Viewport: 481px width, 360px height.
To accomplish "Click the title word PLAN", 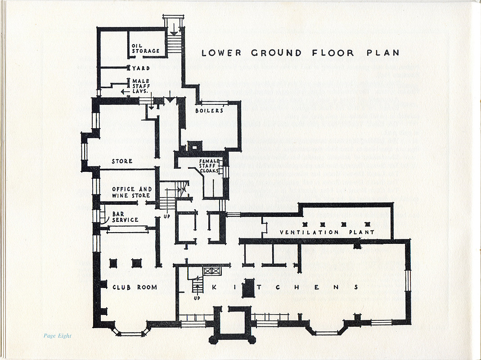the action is click(x=383, y=53).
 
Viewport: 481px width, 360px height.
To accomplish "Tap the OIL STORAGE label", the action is click(x=145, y=49).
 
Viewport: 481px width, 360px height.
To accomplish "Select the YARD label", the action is click(x=141, y=68).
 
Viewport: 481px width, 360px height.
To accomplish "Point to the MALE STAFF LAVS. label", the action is click(x=141, y=86).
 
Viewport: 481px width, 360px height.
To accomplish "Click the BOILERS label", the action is click(x=210, y=111).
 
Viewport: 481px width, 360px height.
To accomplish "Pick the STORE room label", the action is click(x=122, y=161).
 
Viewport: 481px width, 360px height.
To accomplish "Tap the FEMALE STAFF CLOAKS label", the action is click(x=209, y=166).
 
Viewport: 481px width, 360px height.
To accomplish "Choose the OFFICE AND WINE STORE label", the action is click(x=131, y=193).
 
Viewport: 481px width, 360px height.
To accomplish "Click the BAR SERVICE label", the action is click(x=125, y=217).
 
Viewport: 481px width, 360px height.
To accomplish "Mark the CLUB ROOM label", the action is click(x=135, y=287).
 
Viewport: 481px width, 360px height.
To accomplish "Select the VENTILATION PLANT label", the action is click(x=327, y=232).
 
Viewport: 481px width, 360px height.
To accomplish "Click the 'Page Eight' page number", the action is click(x=57, y=336).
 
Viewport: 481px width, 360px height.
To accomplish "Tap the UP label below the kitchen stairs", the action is click(x=197, y=298).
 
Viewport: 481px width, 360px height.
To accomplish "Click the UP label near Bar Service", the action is click(x=167, y=216).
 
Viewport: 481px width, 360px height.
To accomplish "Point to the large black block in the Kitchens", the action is click(x=248, y=288).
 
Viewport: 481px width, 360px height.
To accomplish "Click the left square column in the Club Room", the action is click(x=113, y=263).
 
